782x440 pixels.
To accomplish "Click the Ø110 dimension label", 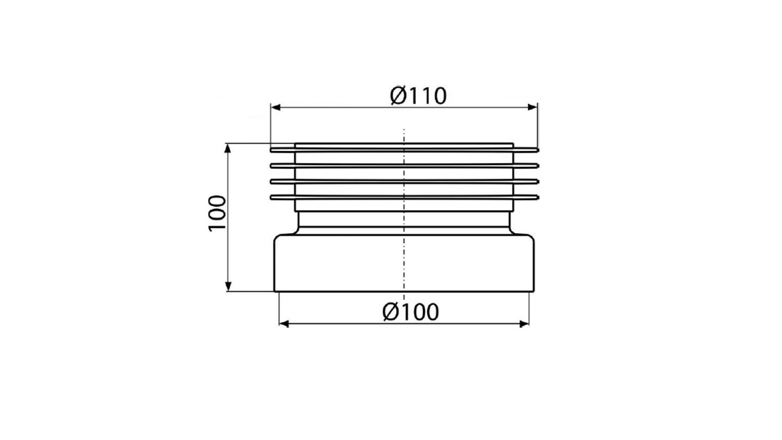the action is tap(418, 96).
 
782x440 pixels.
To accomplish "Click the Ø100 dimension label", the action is tap(411, 312).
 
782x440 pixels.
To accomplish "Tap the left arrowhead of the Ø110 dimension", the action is tap(276, 107).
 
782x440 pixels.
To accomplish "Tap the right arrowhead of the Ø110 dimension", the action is tap(532, 107).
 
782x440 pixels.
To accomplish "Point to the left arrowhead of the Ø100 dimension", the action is tap(284, 324).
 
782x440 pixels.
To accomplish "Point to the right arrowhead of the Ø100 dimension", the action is tap(524, 324).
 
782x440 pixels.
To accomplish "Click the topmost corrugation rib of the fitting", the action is tap(404, 150).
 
